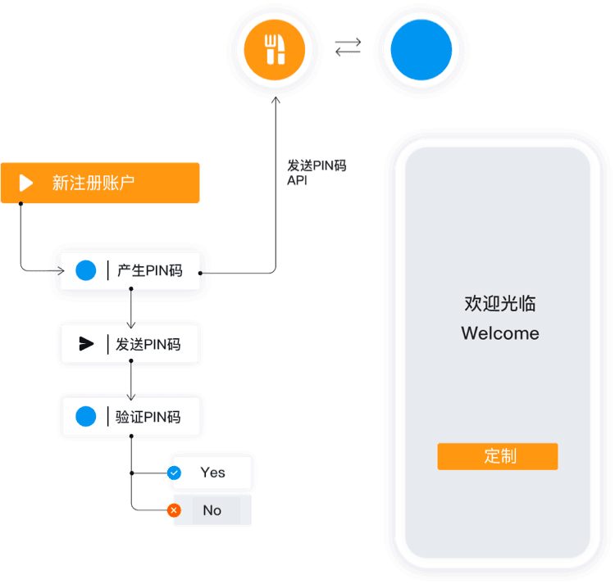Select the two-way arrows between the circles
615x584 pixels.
348,49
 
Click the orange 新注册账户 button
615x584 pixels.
100,183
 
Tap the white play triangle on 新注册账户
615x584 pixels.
26,183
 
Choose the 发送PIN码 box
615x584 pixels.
130,344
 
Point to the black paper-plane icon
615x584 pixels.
86,344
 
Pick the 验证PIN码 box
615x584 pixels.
132,417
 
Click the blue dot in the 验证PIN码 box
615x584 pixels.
86,417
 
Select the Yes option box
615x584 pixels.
212,473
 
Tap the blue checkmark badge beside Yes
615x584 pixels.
174,473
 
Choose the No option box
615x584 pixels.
212,510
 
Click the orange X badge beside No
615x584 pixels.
174,510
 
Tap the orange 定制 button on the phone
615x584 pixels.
498,456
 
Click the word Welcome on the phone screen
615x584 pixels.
500,333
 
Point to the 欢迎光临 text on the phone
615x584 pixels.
500,304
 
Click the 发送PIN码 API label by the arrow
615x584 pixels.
316,173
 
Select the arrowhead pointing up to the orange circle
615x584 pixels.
276,100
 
